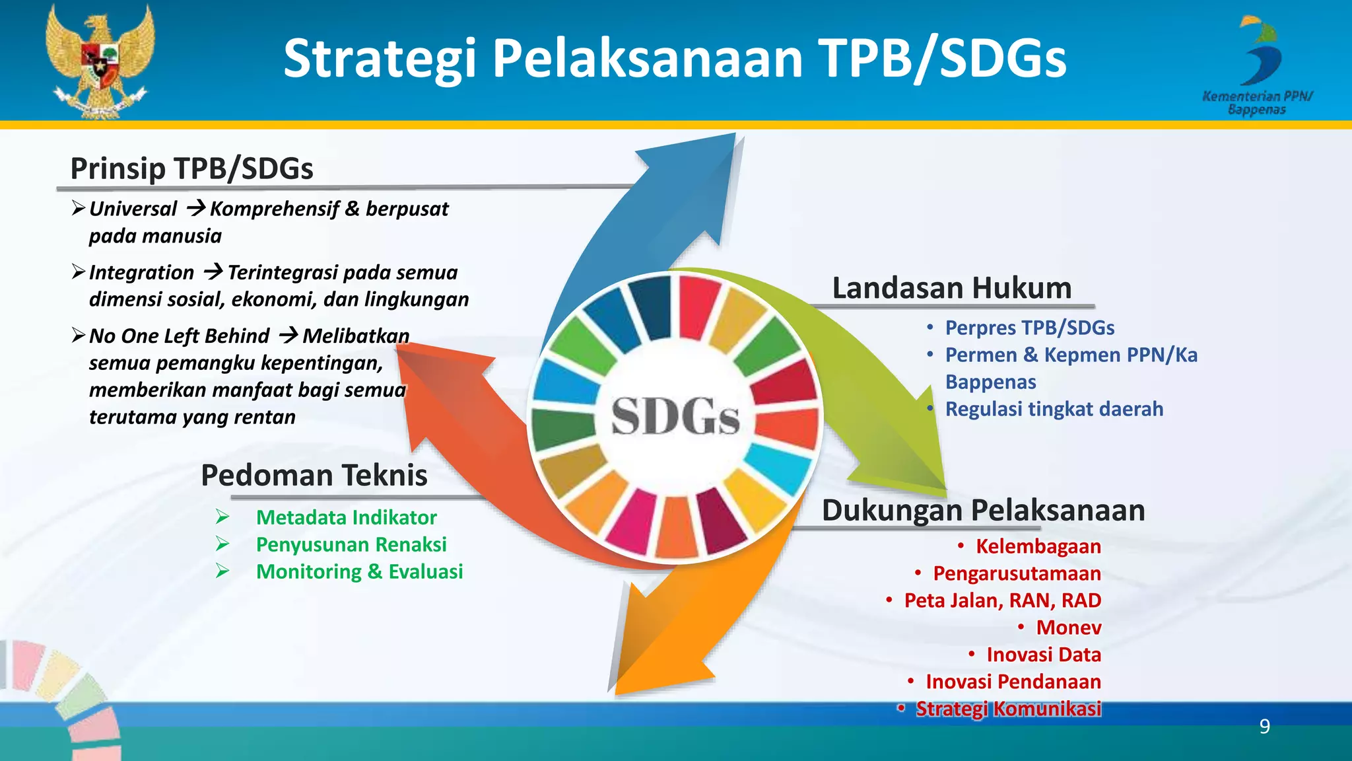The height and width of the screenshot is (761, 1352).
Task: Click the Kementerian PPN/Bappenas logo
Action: pyautogui.click(x=1258, y=66)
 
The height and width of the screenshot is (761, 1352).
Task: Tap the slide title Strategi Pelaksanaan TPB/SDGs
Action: pyautogui.click(x=675, y=58)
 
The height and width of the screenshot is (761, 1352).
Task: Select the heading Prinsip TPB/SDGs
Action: pyautogui.click(x=191, y=168)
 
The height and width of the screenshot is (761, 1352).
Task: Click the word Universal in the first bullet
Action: pyautogui.click(x=133, y=209)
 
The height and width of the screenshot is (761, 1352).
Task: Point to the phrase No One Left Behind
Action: pyautogui.click(x=179, y=336)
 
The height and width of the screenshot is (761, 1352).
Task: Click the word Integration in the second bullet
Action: pyautogui.click(x=141, y=272)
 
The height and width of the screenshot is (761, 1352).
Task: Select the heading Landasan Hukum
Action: pyautogui.click(x=951, y=288)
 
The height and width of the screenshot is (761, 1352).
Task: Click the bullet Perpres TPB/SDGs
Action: pyautogui.click(x=1029, y=328)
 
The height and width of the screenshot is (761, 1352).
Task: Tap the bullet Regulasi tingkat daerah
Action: pyautogui.click(x=1054, y=409)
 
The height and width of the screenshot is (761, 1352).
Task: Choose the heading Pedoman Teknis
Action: pyautogui.click(x=314, y=475)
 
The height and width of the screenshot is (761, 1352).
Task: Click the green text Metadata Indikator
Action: pyautogui.click(x=346, y=517)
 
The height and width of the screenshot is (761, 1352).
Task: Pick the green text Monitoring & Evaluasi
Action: pyautogui.click(x=359, y=571)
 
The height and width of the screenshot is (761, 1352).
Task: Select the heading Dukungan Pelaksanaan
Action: pyautogui.click(x=983, y=510)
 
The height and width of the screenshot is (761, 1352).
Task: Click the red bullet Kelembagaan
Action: pyautogui.click(x=1038, y=546)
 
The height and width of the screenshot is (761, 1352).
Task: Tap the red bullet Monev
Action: pyautogui.click(x=1068, y=628)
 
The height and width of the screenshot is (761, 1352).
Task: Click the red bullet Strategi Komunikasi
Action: pyautogui.click(x=1008, y=709)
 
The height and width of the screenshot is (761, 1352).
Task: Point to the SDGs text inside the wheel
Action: pyautogui.click(x=675, y=417)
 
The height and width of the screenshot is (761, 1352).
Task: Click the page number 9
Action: pyautogui.click(x=1264, y=727)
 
